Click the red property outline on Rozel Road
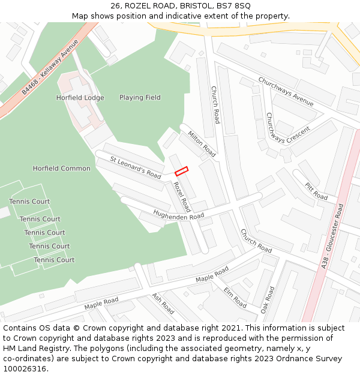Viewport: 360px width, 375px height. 181,171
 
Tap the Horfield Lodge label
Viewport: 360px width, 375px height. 80,98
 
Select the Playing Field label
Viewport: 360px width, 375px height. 140,98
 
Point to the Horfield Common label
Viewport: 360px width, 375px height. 61,169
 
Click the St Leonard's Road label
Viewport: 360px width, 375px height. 136,167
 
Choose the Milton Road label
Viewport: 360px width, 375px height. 202,144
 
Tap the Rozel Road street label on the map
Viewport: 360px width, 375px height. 182,197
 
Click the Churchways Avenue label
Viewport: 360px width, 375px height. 286,91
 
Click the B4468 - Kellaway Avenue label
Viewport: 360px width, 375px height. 50,67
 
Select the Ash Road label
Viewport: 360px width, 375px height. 163,304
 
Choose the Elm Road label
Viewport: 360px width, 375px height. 235,298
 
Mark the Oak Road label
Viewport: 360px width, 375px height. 268,299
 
